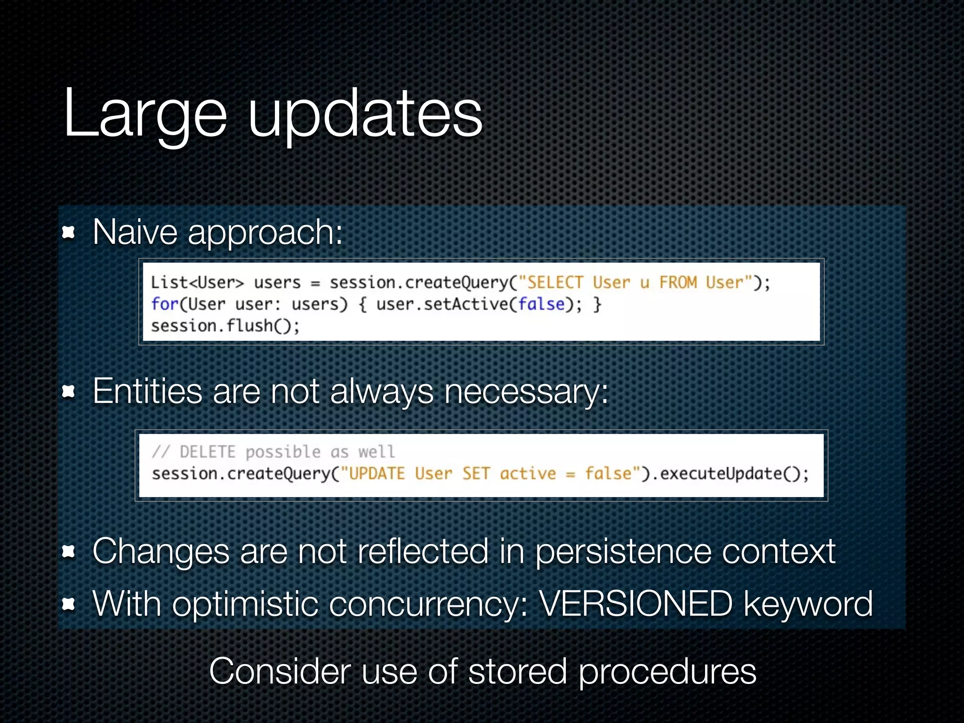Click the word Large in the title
pyautogui.click(x=145, y=114)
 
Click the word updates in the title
pyautogui.click(x=365, y=114)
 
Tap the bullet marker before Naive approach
pyautogui.click(x=69, y=232)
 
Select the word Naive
pyautogui.click(x=135, y=232)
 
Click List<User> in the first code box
pyautogui.click(x=197, y=282)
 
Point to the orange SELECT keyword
pyautogui.click(x=555, y=282)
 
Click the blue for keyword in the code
pyautogui.click(x=164, y=304)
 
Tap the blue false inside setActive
pyautogui.click(x=541, y=304)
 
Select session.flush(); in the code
pyautogui.click(x=225, y=326)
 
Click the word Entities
pyautogui.click(x=147, y=391)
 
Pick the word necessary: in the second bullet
pyautogui.click(x=526, y=391)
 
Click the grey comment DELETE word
pyautogui.click(x=207, y=452)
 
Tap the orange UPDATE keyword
pyautogui.click(x=377, y=474)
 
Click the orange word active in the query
pyautogui.click(x=528, y=474)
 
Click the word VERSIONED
pyautogui.click(x=635, y=604)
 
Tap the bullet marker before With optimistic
pyautogui.click(x=69, y=604)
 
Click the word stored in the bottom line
pyautogui.click(x=517, y=671)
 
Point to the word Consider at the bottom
pyautogui.click(x=280, y=671)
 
